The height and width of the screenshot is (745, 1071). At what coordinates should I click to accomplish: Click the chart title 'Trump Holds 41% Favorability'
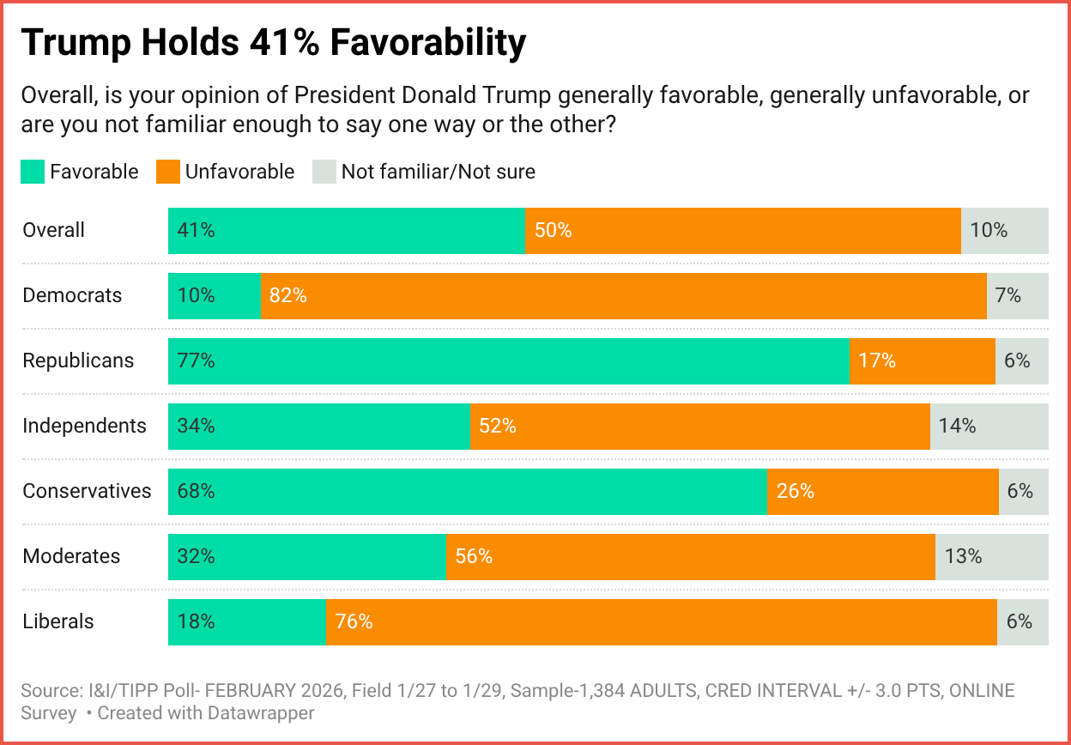tap(274, 44)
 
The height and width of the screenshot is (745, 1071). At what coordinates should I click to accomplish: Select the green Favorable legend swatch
tap(33, 172)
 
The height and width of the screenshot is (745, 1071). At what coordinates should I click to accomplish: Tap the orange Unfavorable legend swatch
tap(167, 172)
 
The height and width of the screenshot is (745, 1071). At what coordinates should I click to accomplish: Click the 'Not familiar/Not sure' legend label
tap(438, 172)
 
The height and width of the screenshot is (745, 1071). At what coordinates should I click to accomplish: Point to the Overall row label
tap(54, 230)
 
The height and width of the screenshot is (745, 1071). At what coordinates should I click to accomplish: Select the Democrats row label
tap(72, 295)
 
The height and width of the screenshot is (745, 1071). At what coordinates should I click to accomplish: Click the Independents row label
tap(84, 426)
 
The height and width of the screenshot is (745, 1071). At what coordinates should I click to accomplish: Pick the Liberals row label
tap(58, 621)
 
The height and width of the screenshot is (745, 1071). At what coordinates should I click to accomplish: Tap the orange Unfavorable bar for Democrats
tap(623, 295)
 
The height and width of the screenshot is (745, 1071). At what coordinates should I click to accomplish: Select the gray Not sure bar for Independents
tap(989, 426)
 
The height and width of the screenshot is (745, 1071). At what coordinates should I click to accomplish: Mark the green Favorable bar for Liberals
tap(246, 621)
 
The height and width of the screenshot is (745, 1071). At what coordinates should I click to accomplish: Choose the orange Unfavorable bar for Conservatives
tap(882, 491)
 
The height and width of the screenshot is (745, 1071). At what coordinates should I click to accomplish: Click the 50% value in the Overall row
tap(554, 230)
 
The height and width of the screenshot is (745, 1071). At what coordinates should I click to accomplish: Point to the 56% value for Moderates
tap(474, 556)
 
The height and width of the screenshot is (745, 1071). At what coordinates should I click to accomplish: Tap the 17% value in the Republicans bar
tap(877, 360)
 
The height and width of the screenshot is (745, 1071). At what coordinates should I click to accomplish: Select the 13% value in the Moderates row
tap(963, 556)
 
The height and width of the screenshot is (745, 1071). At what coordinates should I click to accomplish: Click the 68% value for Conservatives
tap(196, 491)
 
